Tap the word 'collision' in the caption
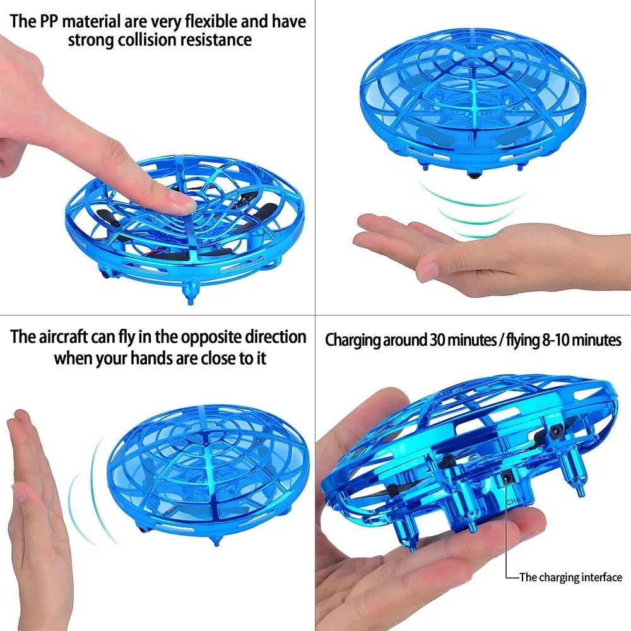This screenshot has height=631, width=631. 147,40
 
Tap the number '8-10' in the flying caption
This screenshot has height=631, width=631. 555,341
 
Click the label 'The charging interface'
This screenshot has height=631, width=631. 570,577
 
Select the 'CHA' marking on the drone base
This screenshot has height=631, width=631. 514,502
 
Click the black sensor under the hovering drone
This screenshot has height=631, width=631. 473,175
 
